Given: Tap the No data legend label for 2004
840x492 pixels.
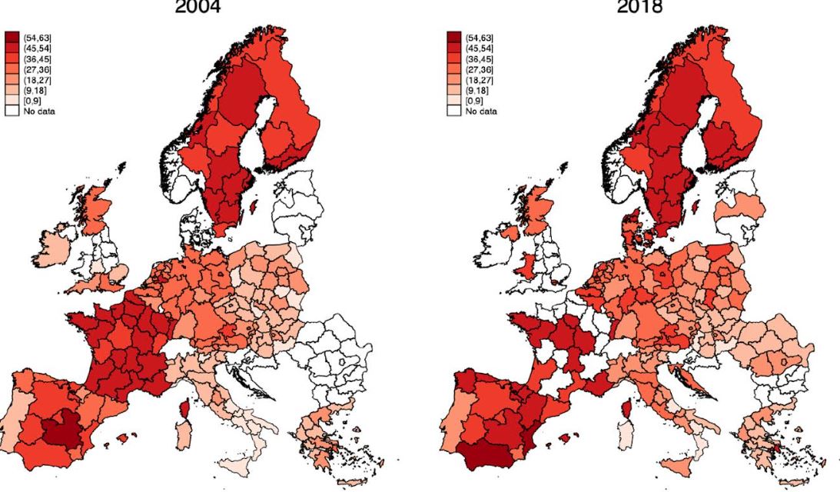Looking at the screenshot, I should coord(40,111).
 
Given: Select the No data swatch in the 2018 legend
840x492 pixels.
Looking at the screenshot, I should coord(453,111).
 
